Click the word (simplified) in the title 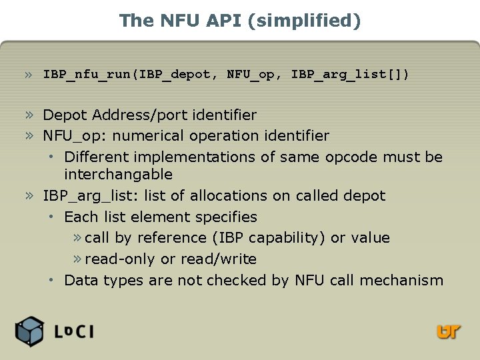[x=304, y=21]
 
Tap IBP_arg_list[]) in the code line [x=351, y=74]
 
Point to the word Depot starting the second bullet [x=65, y=115]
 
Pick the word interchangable [x=118, y=175]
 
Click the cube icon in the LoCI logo [x=30, y=331]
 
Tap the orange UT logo [x=449, y=331]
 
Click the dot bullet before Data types [x=51, y=281]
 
